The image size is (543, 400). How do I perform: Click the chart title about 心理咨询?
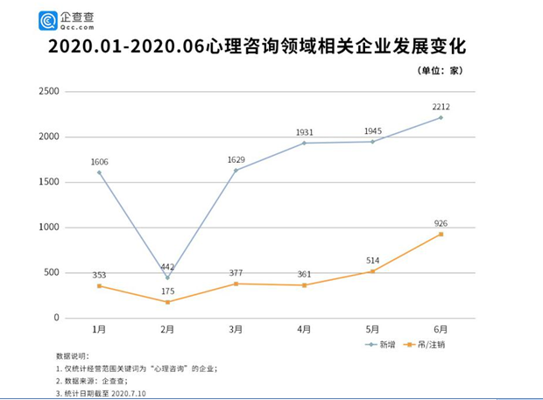pyautogui.click(x=271, y=46)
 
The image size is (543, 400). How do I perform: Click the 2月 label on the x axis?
pyautogui.click(x=167, y=329)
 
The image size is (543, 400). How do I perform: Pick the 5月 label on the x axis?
pyautogui.click(x=372, y=329)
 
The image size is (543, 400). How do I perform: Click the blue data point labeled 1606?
pyautogui.click(x=99, y=172)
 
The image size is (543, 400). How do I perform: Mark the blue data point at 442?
pyautogui.click(x=167, y=277)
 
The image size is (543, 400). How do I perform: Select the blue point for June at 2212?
pyautogui.click(x=441, y=117)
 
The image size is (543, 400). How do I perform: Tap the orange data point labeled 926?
pyautogui.click(x=441, y=234)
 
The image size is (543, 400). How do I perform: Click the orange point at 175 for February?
pyautogui.click(x=167, y=302)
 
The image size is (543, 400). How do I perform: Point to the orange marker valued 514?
pyautogui.click(x=372, y=271)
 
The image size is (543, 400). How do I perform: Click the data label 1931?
pyautogui.click(x=304, y=131)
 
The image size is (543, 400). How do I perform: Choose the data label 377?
pyautogui.click(x=236, y=272)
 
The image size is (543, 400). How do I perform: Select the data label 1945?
pyautogui.click(x=372, y=131)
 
